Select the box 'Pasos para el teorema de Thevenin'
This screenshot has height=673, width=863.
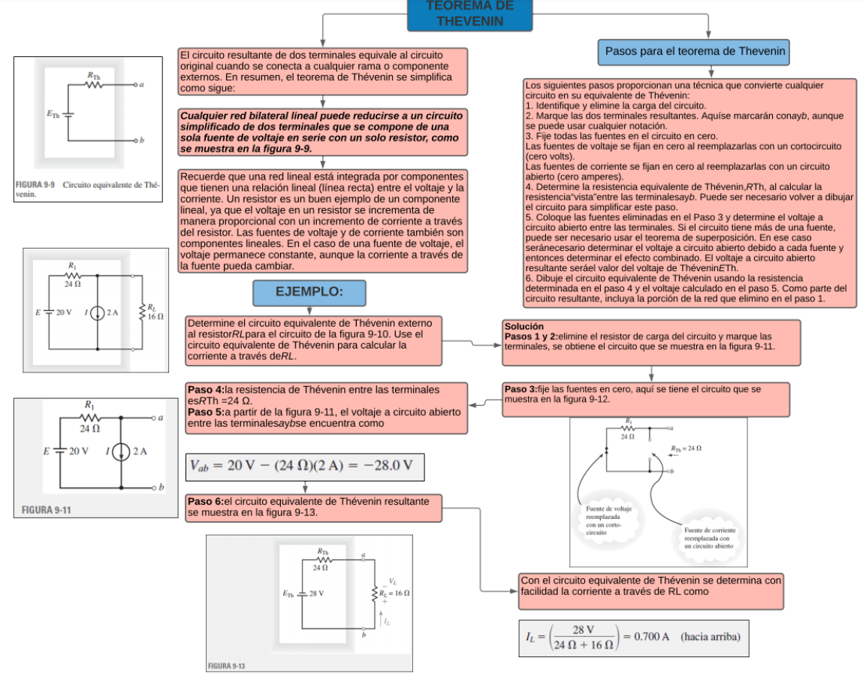tap(695, 53)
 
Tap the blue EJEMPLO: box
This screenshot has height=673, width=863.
tap(309, 293)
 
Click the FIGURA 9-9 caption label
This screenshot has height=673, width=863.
tap(34, 185)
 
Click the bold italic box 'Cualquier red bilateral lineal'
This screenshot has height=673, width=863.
tap(321, 131)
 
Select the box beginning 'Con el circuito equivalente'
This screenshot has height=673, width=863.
tap(651, 586)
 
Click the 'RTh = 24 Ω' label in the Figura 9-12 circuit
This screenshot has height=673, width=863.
tap(686, 448)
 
